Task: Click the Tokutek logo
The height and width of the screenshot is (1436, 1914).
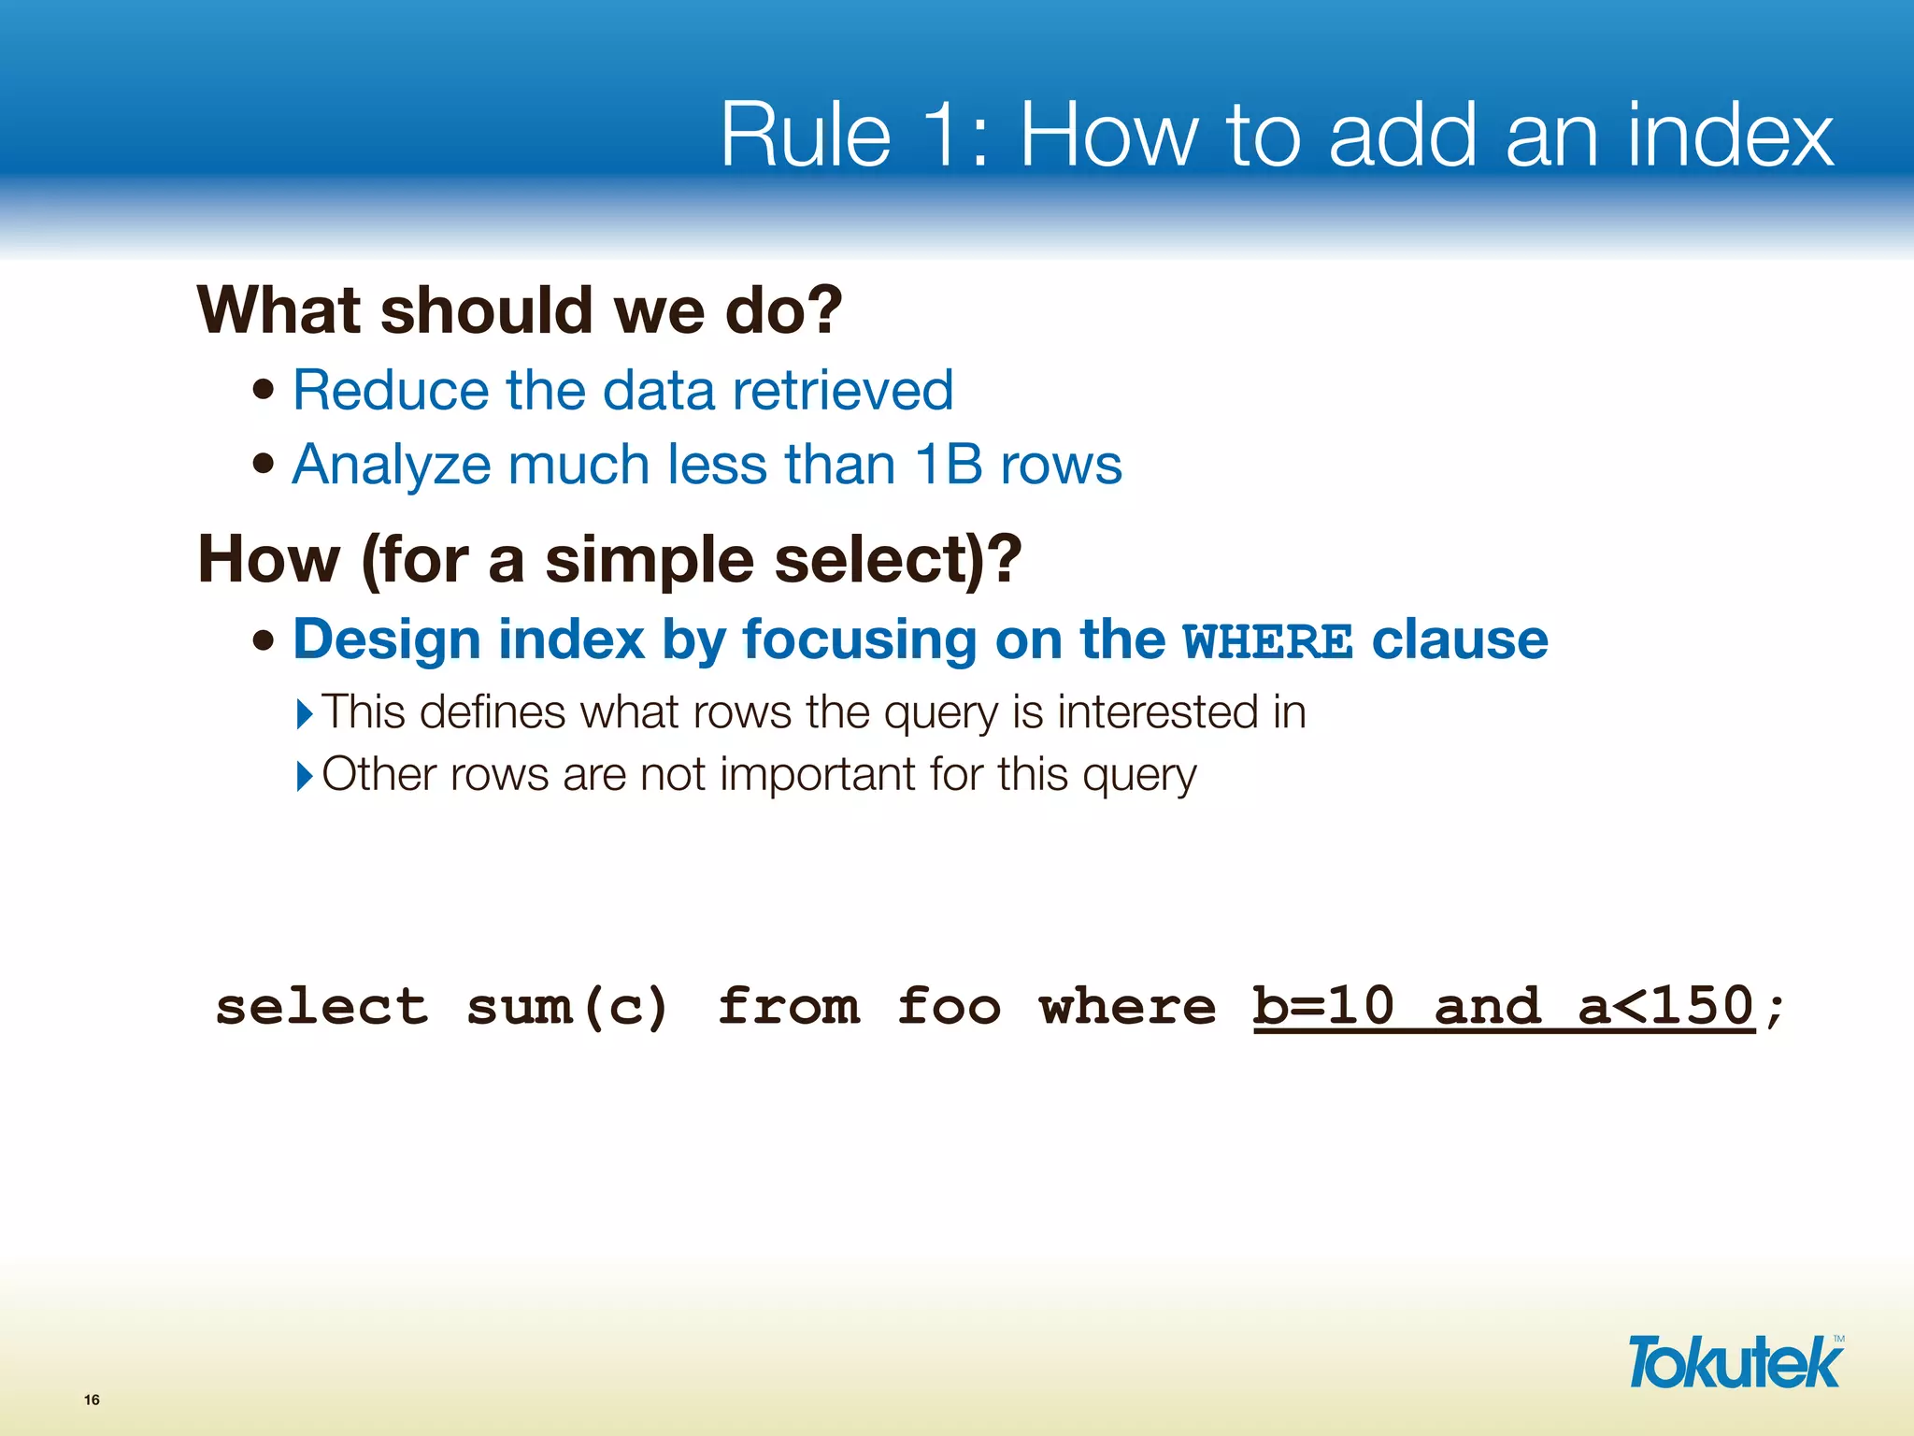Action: point(1735,1363)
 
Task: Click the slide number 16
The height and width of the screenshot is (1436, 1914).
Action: point(92,1400)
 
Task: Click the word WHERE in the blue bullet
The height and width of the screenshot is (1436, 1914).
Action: point(1267,642)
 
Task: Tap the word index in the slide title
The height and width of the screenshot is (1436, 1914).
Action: point(1730,136)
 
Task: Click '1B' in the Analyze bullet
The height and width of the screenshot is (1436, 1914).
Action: point(948,465)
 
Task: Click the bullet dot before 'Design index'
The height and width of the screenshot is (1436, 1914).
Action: point(264,641)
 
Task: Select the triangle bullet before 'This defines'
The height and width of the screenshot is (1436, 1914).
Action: point(305,714)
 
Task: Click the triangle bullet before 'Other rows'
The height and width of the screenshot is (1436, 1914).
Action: point(305,776)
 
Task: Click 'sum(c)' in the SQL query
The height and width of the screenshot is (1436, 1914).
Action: point(567,1007)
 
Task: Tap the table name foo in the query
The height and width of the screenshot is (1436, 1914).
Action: point(949,1007)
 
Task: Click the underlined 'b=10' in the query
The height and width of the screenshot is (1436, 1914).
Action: point(1322,1007)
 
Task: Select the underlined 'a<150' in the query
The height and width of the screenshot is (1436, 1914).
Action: point(1665,1007)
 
